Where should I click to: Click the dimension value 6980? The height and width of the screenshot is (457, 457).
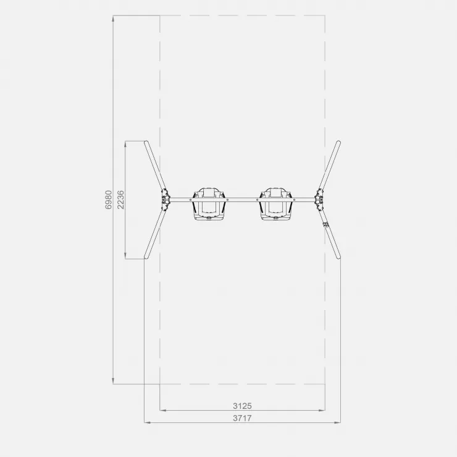(109, 199)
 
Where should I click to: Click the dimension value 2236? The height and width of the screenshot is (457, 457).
(120, 199)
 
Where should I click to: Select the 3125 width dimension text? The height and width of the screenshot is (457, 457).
(242, 406)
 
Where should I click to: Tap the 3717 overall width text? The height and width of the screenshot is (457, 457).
(242, 418)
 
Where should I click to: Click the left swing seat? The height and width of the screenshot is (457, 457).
(209, 204)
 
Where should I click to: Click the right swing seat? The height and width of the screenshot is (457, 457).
(276, 204)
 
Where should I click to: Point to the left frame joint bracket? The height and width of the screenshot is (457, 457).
(165, 199)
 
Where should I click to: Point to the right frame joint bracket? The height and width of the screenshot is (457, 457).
(319, 199)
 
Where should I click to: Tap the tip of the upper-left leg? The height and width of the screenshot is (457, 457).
(146, 143)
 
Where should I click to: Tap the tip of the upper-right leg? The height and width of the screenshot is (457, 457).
(338, 143)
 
